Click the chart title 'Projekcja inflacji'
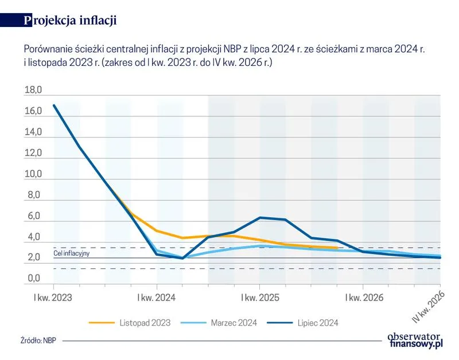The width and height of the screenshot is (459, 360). (x=71, y=21)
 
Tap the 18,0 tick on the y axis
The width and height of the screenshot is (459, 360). (x=33, y=91)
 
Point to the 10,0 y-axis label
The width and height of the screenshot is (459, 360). (x=33, y=174)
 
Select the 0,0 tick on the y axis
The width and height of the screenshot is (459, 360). (x=33, y=279)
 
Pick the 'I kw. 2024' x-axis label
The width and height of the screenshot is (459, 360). (x=157, y=298)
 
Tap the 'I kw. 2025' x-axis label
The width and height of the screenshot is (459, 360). (x=260, y=298)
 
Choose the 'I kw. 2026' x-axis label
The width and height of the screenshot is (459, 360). (x=363, y=298)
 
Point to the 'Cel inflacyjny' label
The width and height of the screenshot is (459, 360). (x=72, y=253)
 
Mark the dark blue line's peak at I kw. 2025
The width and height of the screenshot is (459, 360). (x=260, y=217)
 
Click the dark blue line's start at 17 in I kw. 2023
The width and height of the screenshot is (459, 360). (x=54, y=105)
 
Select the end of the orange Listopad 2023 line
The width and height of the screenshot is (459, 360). (x=337, y=248)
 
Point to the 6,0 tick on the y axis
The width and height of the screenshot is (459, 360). (x=33, y=216)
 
